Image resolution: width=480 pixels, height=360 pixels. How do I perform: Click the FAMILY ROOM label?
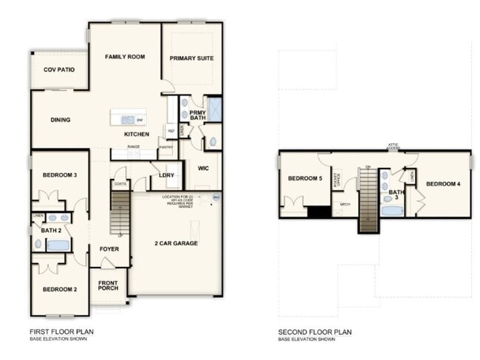pos(124,57)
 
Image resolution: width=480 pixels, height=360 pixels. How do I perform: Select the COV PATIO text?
pos(59,69)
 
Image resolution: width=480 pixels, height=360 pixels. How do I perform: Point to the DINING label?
pos(60,120)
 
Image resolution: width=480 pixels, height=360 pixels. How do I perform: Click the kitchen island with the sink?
pos(128,119)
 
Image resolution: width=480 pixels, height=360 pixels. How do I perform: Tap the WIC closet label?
pos(204,168)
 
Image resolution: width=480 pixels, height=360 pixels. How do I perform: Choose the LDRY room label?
pos(167,175)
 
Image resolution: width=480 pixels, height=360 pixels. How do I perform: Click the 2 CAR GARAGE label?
pos(176,243)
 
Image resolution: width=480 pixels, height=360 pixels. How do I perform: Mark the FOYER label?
pos(109,249)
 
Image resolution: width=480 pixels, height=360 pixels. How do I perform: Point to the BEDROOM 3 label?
pos(60,175)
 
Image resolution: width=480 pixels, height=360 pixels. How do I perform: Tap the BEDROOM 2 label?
pos(60,289)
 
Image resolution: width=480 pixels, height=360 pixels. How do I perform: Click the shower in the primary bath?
pos(214,109)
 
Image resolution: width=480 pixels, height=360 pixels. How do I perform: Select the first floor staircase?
pos(120,212)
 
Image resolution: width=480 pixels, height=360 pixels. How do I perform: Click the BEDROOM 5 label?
pos(305,179)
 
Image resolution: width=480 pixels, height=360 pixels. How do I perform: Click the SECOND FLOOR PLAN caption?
pos(315,332)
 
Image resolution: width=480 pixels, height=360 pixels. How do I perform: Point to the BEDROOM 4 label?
pos(444,183)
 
